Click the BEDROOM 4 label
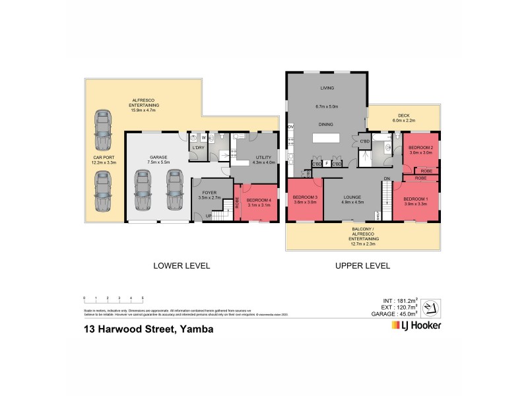click(258, 201)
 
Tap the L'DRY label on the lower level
click(196, 148)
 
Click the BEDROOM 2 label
click(420, 147)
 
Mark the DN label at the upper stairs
click(387, 178)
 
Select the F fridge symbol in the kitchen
click(327, 163)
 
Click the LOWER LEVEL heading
click(181, 266)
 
